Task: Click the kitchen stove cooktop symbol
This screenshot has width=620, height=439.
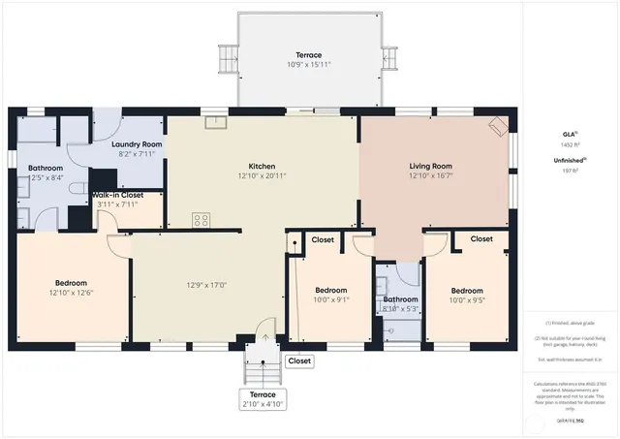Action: click(x=201, y=220)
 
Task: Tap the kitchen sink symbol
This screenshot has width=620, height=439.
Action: click(x=215, y=123)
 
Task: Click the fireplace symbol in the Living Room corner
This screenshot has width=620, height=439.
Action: click(x=497, y=126)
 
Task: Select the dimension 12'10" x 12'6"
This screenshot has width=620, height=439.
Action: click(x=71, y=292)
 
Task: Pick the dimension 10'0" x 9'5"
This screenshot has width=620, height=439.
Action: click(x=466, y=299)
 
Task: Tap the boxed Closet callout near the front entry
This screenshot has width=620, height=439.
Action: click(x=300, y=361)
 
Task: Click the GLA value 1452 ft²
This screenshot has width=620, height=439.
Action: click(x=569, y=143)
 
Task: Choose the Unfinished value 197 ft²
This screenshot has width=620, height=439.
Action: click(x=569, y=171)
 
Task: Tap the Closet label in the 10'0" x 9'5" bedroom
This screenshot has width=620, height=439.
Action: click(x=481, y=238)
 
